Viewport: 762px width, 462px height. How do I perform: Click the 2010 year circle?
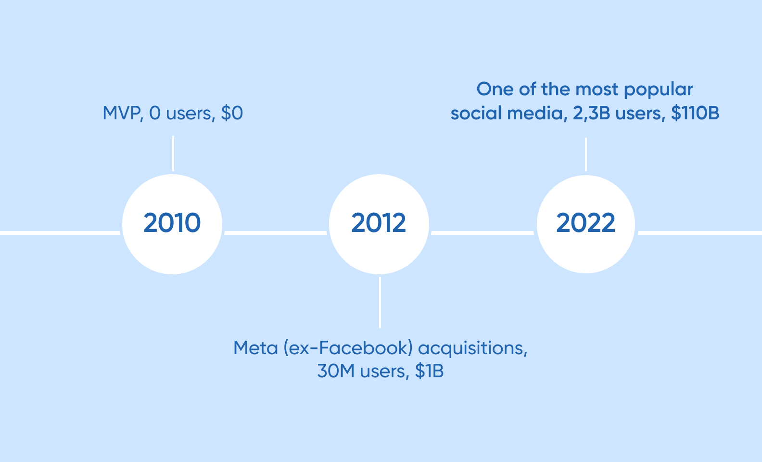172,224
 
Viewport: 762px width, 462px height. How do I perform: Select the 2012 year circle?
379,224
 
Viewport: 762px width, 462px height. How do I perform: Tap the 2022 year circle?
586,224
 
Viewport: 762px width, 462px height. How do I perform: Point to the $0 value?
232,113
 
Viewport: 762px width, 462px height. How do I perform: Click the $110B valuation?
695,113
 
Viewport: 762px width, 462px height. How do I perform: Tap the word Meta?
255,347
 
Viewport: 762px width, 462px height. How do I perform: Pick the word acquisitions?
472,348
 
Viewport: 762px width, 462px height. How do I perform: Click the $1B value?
429,371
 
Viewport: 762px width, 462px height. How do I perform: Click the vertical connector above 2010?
173,153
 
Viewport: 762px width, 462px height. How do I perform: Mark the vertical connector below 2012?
380,302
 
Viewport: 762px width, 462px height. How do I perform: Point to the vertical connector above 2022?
585,154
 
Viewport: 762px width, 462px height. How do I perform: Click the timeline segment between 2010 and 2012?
276,233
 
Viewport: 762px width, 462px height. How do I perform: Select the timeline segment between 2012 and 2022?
483,233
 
